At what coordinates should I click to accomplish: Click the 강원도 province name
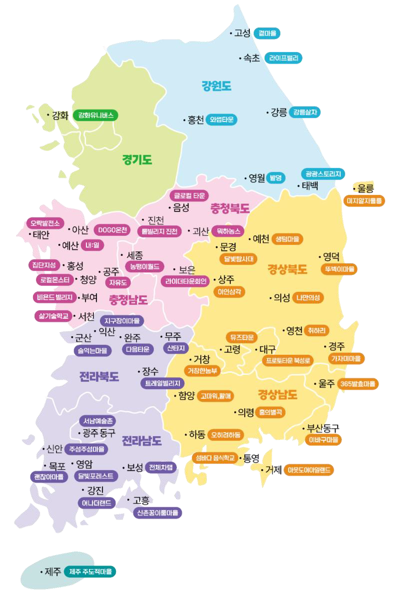pos(216,86)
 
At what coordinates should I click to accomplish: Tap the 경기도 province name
pos(137,160)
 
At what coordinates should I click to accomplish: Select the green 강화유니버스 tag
pos(95,115)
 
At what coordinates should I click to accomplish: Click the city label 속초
pos(251,58)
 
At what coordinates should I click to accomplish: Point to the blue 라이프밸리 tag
pos(283,58)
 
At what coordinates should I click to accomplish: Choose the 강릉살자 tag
pos(305,112)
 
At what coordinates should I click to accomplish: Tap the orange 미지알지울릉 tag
pos(364,201)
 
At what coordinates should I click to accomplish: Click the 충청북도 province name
pos(230,208)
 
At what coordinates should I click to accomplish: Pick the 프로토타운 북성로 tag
pos(288,360)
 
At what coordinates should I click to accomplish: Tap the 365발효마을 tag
pos(358,384)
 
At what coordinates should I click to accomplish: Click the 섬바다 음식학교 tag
pos(215,457)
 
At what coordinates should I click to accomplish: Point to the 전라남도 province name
pos(142,441)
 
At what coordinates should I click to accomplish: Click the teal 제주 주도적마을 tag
pos(90,571)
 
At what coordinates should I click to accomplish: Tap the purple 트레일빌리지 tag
pos(162,383)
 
